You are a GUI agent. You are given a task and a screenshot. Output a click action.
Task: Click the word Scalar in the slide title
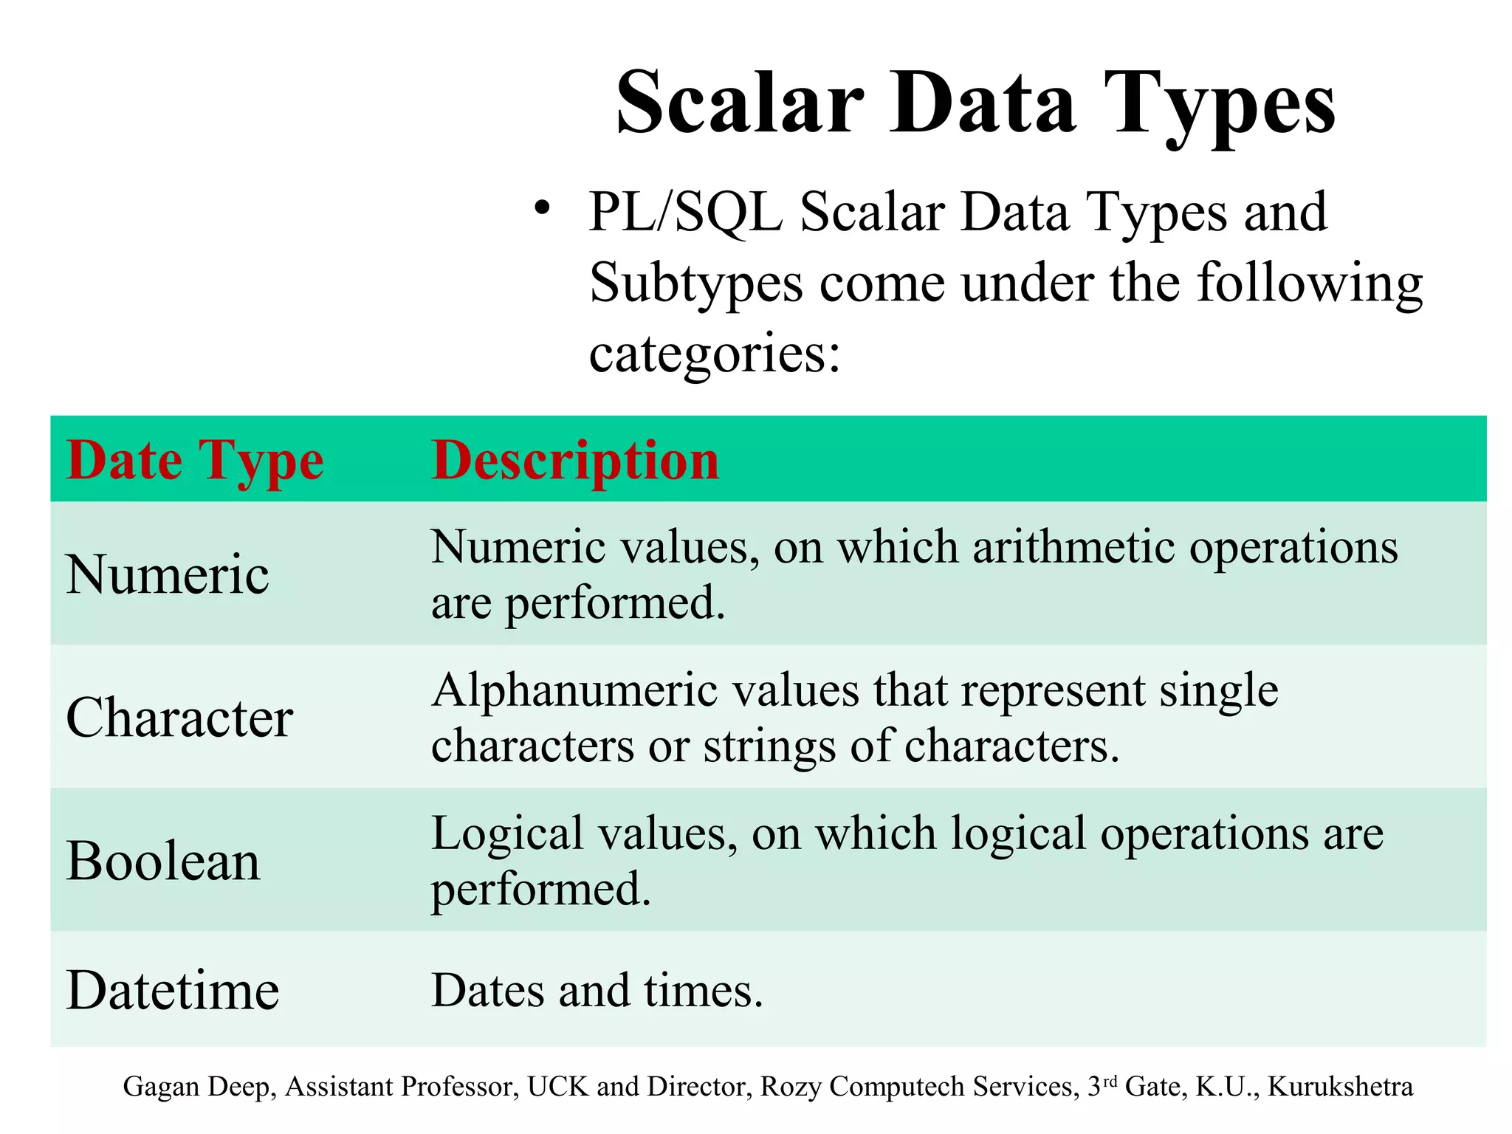pyautogui.click(x=740, y=103)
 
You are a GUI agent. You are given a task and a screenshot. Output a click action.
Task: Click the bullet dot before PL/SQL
pyautogui.click(x=543, y=209)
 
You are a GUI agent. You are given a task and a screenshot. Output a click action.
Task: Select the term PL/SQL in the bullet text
pyautogui.click(x=685, y=213)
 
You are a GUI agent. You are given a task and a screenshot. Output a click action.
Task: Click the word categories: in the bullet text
pyautogui.click(x=715, y=353)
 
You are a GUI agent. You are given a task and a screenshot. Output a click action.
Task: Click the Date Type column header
pyautogui.click(x=195, y=461)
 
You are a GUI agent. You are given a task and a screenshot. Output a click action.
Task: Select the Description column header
pyautogui.click(x=575, y=461)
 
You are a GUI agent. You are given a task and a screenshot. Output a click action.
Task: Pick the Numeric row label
pyautogui.click(x=168, y=574)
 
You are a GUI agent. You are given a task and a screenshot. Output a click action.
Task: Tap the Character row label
pyautogui.click(x=179, y=718)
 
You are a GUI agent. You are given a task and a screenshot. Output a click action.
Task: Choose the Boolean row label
pyautogui.click(x=163, y=861)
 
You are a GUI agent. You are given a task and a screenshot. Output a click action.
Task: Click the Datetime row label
pyautogui.click(x=173, y=990)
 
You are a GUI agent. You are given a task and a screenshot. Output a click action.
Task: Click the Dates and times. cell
pyautogui.click(x=597, y=990)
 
